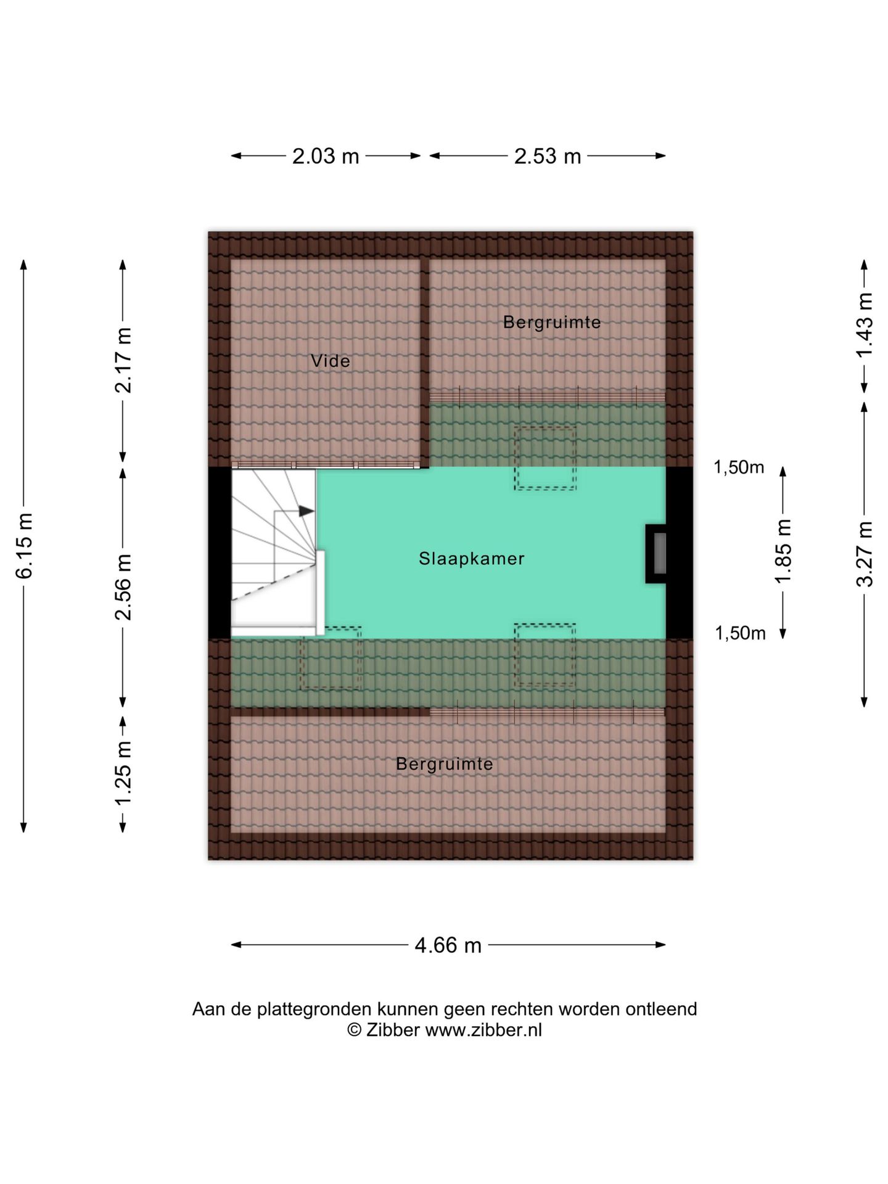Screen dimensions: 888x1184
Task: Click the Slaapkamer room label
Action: (x=472, y=559)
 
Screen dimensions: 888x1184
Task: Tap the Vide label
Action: (x=331, y=361)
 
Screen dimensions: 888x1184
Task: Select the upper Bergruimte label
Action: (x=552, y=322)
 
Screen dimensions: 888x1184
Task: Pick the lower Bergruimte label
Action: (x=445, y=764)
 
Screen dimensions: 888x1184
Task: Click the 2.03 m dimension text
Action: (x=326, y=156)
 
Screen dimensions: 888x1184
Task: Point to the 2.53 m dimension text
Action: (x=548, y=156)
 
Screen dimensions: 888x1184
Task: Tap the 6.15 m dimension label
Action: (x=24, y=546)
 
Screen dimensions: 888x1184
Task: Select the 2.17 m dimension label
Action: (x=123, y=360)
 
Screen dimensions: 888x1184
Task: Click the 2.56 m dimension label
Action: (x=123, y=587)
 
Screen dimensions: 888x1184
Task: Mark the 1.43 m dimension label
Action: (x=865, y=324)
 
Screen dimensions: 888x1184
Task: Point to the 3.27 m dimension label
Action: (x=865, y=554)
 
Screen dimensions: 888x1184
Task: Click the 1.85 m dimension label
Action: (x=783, y=551)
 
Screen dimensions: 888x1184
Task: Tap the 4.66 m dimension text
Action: (x=448, y=945)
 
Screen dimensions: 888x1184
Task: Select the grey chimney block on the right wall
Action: (x=659, y=554)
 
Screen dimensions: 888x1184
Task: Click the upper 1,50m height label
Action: (x=739, y=467)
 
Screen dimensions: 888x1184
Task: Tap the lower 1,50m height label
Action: (x=740, y=633)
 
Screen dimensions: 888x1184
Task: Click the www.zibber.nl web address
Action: (x=483, y=1030)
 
